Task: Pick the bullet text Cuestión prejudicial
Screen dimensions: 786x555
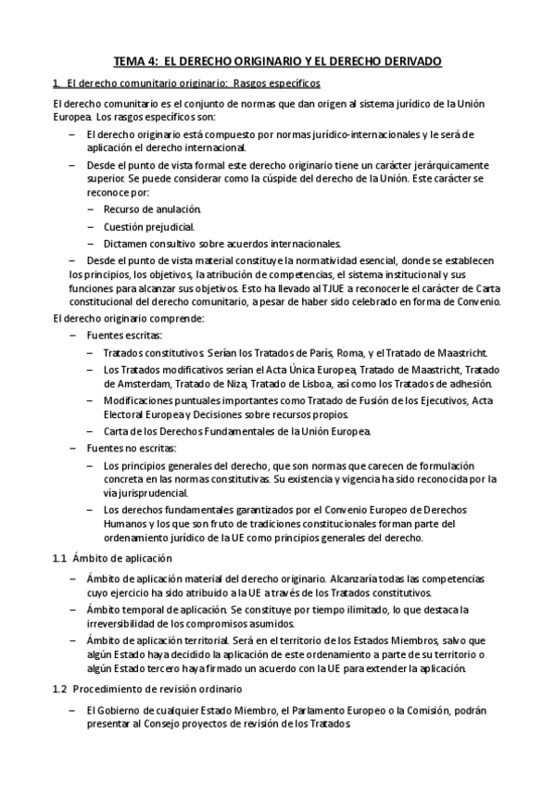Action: [x=148, y=225]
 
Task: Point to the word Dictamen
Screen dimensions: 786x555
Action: [x=125, y=243]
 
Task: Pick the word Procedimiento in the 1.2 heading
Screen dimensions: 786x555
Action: [x=111, y=689]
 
